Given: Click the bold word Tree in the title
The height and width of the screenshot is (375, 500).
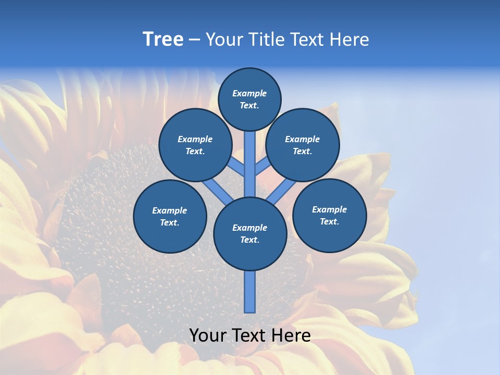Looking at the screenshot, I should pos(163,40).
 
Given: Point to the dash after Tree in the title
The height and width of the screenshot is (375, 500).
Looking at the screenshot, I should pos(194,40).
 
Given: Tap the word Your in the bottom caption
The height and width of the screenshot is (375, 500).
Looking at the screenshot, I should pos(208,335).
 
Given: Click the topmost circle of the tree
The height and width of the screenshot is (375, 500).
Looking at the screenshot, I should pos(249,99).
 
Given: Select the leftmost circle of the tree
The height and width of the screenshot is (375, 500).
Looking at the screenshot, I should pos(170,216).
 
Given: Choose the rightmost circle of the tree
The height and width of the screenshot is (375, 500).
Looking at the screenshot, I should pos(329,215).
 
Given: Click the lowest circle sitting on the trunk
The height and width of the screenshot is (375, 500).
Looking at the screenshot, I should pos(250,234).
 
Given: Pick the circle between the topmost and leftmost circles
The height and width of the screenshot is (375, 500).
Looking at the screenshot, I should pos(195,145).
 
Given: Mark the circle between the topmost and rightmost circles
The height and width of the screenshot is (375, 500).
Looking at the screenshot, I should pos(303,145).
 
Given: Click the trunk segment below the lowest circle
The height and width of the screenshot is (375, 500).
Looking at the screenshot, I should pos(250,292).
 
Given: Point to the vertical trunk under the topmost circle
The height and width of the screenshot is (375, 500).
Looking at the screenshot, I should pos(250,156).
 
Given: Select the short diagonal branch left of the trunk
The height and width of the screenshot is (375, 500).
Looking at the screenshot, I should pos(237,166).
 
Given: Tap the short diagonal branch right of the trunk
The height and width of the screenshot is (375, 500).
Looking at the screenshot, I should pos(262,166).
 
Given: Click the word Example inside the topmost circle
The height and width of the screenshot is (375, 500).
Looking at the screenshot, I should pos(249,93).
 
